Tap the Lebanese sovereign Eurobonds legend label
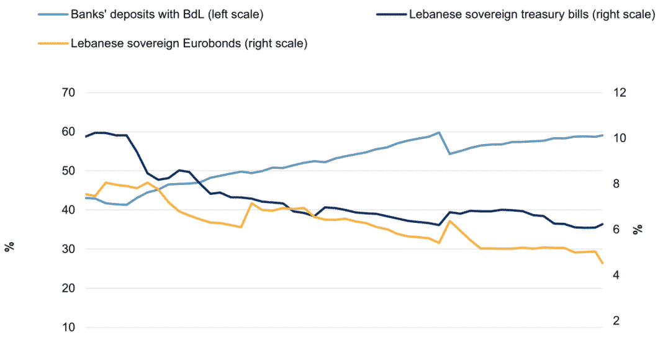190,43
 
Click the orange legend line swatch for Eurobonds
52,43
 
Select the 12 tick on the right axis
621,93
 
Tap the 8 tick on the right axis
618,184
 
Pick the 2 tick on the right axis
618,321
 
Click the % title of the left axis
9,247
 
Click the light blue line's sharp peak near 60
439,132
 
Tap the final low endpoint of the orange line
602,264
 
